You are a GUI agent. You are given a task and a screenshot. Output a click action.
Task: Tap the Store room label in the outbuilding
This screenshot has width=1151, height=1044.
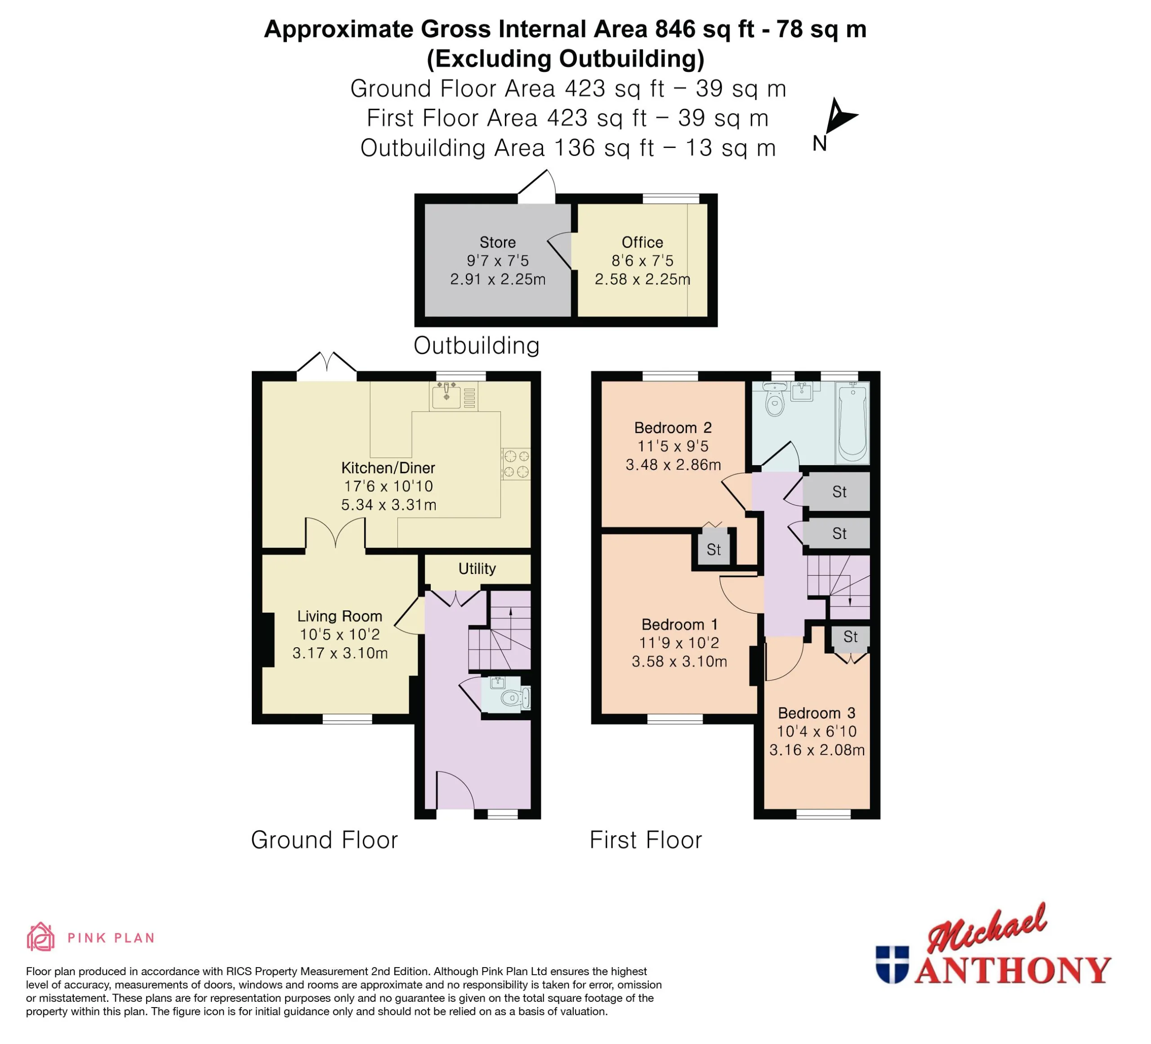pyautogui.click(x=497, y=242)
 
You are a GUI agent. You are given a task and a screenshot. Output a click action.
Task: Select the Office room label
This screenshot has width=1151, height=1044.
pyautogui.click(x=642, y=242)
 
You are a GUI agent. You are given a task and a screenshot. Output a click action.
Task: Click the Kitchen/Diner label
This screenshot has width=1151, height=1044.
pyautogui.click(x=388, y=468)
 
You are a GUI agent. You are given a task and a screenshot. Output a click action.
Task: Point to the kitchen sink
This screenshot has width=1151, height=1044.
pyautogui.click(x=446, y=396)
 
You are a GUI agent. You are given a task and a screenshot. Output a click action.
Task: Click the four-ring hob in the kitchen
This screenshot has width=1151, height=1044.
pyautogui.click(x=516, y=464)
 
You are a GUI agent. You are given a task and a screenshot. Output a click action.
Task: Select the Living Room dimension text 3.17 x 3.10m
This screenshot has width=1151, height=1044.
pyautogui.click(x=340, y=653)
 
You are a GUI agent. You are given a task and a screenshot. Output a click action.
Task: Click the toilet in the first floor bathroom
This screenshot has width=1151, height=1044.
pyautogui.click(x=774, y=400)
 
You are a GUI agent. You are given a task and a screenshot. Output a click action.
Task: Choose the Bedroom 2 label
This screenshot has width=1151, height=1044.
pyautogui.click(x=673, y=428)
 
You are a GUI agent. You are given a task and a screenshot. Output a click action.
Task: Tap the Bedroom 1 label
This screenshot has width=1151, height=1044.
pyautogui.click(x=679, y=624)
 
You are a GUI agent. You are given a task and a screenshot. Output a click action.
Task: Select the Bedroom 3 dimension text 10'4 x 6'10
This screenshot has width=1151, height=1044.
pyautogui.click(x=817, y=731)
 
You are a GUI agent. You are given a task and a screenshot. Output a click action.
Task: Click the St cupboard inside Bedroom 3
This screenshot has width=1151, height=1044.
pyautogui.click(x=851, y=637)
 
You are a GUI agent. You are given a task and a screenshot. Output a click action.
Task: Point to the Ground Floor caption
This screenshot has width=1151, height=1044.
pyautogui.click(x=324, y=840)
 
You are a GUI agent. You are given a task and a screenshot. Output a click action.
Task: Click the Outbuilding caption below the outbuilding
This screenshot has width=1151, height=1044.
pyautogui.click(x=477, y=345)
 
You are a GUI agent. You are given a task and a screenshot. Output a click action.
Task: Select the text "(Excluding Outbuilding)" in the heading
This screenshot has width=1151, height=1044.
pyautogui.click(x=566, y=59)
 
